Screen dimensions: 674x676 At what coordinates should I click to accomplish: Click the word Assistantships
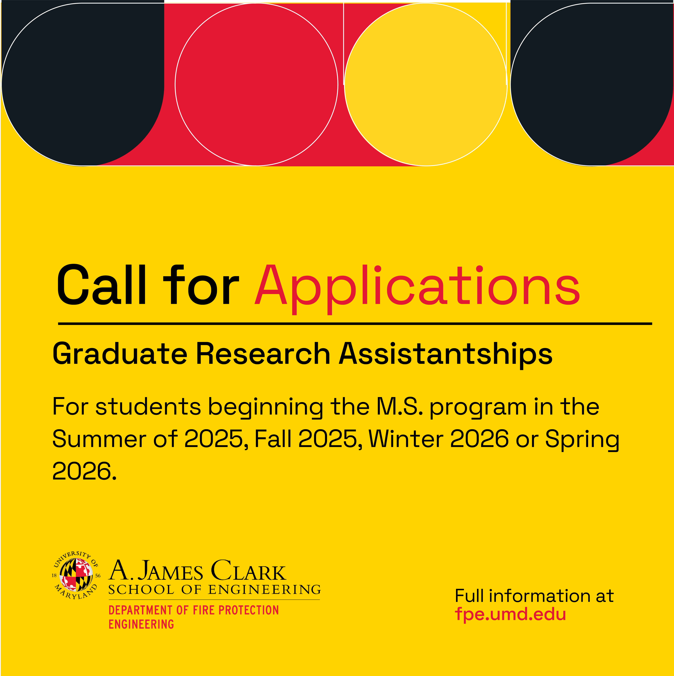(446, 354)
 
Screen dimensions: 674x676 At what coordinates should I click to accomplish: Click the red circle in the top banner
(256, 84)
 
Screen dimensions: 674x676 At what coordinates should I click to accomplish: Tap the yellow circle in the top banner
(426, 84)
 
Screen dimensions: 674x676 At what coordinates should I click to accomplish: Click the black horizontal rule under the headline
(355, 324)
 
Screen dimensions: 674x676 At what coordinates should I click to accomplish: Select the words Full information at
(534, 596)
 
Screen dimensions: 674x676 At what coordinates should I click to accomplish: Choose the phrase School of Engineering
(214, 590)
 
